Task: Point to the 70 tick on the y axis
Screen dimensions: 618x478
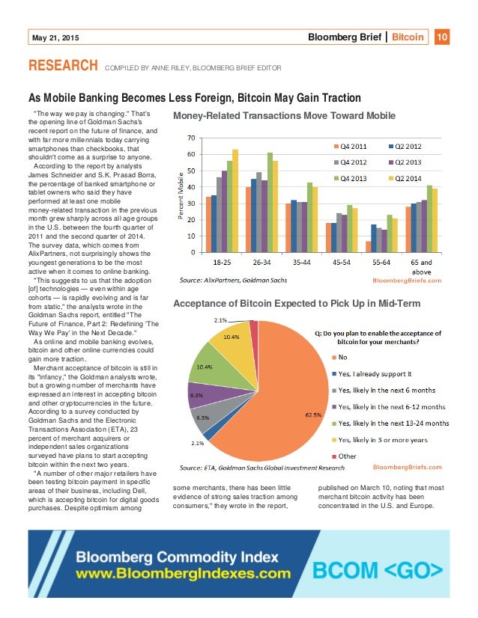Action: [x=192, y=138]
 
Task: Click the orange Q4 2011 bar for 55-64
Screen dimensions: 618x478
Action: [x=368, y=246]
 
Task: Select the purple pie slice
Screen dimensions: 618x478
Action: [x=202, y=395]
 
